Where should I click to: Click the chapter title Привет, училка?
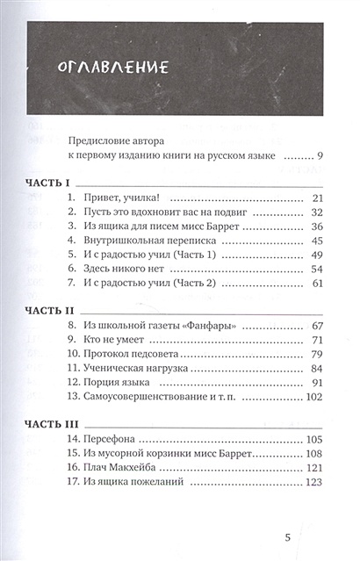pyautogui.click(x=133, y=198)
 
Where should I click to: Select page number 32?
pyautogui.click(x=318, y=213)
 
